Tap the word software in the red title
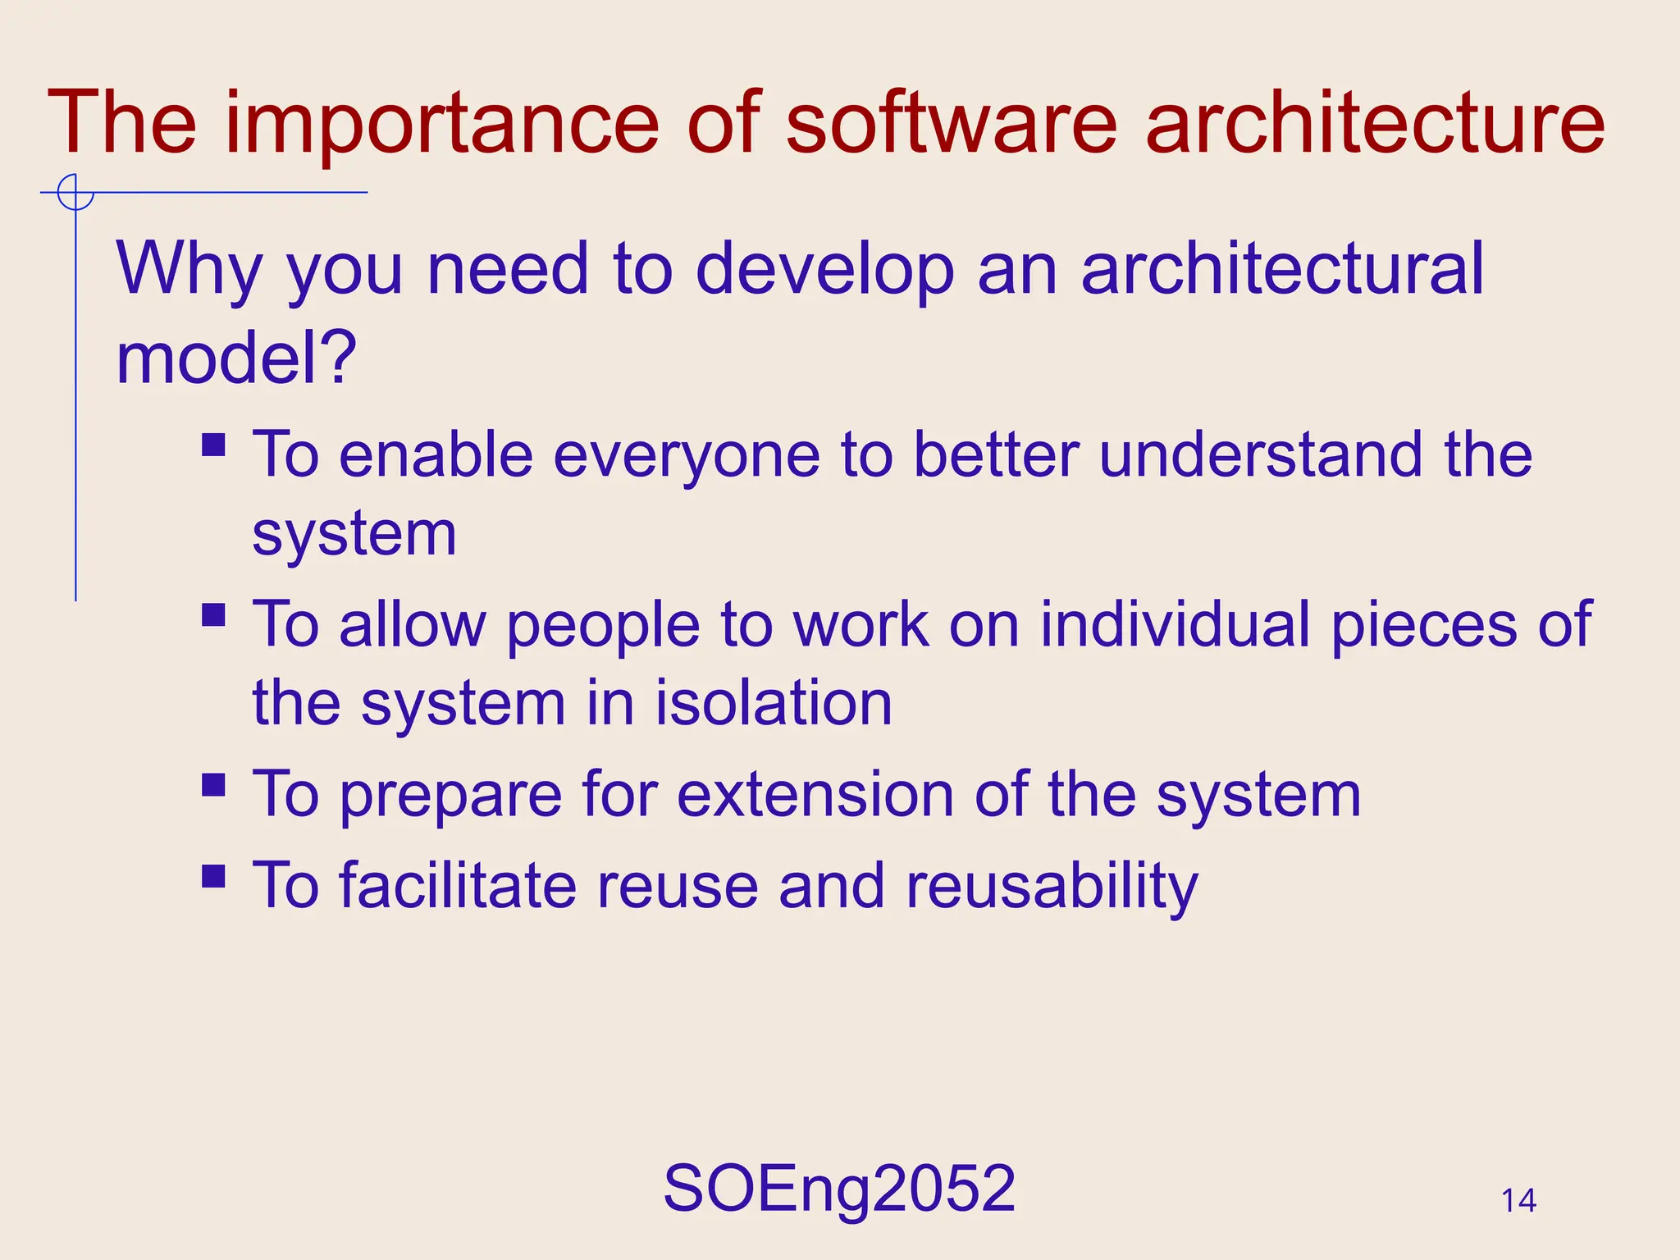point(951,123)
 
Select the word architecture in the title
point(1374,123)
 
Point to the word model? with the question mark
point(236,359)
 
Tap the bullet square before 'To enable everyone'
point(213,445)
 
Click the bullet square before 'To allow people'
point(213,614)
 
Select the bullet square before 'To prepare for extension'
point(213,785)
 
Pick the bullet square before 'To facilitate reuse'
point(213,876)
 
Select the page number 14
point(1518,1201)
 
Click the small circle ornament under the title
point(75,193)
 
